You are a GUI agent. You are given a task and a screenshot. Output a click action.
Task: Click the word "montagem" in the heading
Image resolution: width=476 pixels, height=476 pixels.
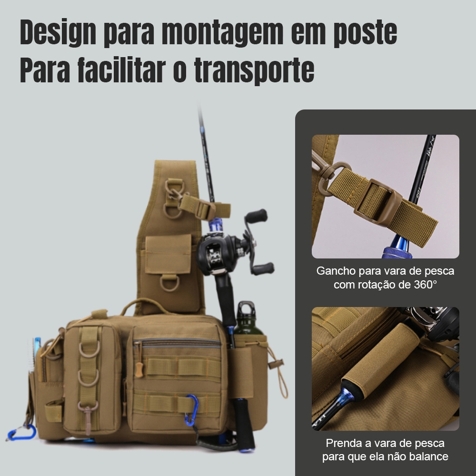(x=222, y=32)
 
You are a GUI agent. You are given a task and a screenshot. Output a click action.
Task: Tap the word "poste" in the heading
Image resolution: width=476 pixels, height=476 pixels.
(x=365, y=32)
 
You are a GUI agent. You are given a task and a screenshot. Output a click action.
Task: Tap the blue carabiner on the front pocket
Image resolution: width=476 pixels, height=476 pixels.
(x=191, y=409)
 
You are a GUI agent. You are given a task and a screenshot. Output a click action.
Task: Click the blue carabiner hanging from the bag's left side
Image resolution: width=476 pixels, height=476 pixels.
(x=22, y=432)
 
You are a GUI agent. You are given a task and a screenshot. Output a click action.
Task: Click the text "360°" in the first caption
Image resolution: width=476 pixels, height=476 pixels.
(x=425, y=285)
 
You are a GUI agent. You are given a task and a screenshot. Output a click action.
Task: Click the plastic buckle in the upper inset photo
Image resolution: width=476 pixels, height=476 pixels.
(x=376, y=201)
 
